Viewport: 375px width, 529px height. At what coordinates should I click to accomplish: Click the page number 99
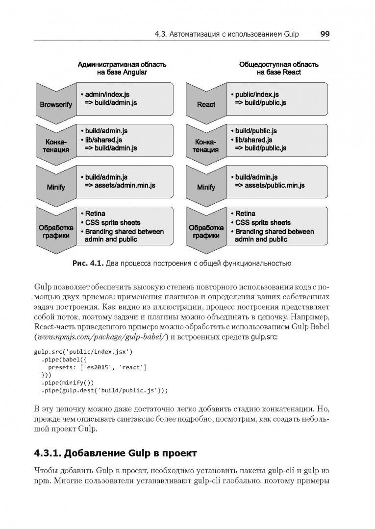pyautogui.click(x=325, y=34)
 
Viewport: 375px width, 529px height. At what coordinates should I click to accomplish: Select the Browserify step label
pyautogui.click(x=56, y=104)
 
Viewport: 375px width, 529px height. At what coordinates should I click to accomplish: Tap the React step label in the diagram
pyautogui.click(x=206, y=104)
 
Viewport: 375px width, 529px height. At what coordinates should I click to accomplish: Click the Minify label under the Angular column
pyautogui.click(x=56, y=187)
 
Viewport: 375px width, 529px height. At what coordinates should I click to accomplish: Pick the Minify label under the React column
pyautogui.click(x=206, y=187)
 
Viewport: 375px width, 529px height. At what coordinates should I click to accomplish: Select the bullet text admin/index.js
pyautogui.click(x=107, y=95)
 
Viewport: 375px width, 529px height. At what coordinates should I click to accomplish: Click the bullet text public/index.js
pyautogui.click(x=257, y=95)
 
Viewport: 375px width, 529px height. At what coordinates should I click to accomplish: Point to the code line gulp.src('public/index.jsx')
pyautogui.click(x=77, y=352)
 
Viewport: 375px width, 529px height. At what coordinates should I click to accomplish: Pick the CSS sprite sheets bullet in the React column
pyautogui.click(x=263, y=222)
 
